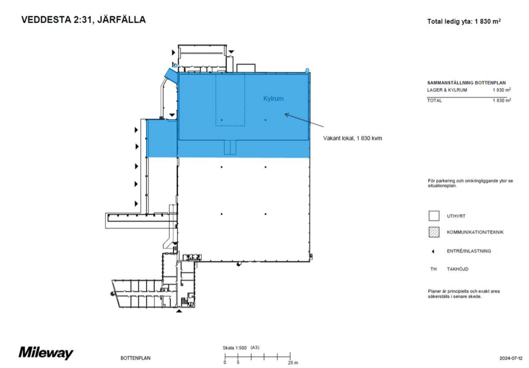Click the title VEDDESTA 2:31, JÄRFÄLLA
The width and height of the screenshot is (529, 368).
(x=84, y=19)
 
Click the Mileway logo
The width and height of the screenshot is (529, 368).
(x=46, y=353)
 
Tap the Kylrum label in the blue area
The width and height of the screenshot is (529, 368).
(x=273, y=99)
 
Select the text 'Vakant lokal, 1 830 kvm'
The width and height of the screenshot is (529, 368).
(x=352, y=138)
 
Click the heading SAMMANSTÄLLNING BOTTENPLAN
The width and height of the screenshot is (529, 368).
(x=466, y=83)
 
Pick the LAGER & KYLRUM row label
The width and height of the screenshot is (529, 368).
(x=447, y=90)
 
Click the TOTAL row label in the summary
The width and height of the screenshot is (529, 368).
(x=434, y=101)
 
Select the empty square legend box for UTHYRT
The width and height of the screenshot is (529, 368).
(x=434, y=216)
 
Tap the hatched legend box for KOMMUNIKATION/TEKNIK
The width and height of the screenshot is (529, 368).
(x=434, y=232)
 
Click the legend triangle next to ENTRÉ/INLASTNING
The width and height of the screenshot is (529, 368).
(x=433, y=251)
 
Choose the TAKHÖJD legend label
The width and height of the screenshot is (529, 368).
(x=457, y=269)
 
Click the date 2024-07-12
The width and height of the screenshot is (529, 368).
(x=511, y=358)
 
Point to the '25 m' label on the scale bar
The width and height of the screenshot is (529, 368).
(x=293, y=362)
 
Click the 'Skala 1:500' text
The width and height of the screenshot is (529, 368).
(x=235, y=348)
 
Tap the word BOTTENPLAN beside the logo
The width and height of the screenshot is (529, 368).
(x=135, y=358)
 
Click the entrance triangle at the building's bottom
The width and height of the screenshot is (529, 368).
(x=179, y=311)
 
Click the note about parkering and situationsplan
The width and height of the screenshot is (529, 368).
(x=470, y=183)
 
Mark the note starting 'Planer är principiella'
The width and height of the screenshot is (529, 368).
(x=464, y=294)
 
